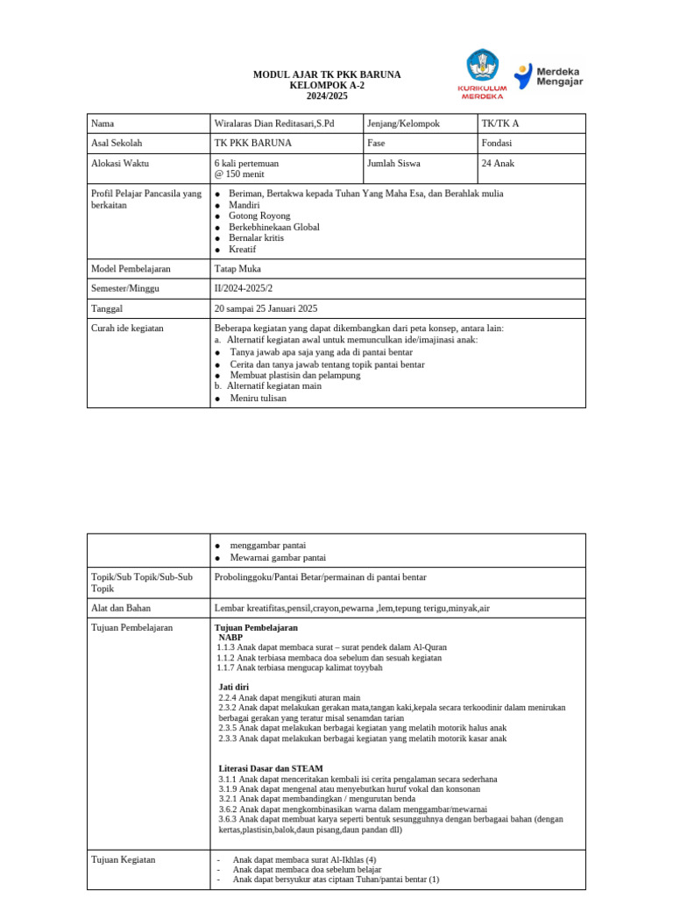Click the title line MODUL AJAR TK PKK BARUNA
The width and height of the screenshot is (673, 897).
pyautogui.click(x=327, y=75)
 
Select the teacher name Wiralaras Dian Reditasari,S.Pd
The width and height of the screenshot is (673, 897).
pyautogui.click(x=273, y=124)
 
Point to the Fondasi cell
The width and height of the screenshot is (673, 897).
pyautogui.click(x=497, y=143)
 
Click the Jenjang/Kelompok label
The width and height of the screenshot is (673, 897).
pyautogui.click(x=403, y=124)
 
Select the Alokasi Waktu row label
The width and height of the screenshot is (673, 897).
pyautogui.click(x=119, y=163)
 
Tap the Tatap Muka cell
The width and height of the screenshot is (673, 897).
pyautogui.click(x=237, y=269)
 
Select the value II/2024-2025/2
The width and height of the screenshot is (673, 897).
pyautogui.click(x=255, y=288)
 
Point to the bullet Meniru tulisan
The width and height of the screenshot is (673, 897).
pyautogui.click(x=258, y=398)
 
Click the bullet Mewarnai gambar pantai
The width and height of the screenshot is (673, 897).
pyautogui.click(x=277, y=557)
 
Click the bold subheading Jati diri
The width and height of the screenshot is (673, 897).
pyautogui.click(x=233, y=687)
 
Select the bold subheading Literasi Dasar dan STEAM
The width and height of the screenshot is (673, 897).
pyautogui.click(x=271, y=768)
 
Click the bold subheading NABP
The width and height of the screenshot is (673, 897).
pyautogui.click(x=230, y=638)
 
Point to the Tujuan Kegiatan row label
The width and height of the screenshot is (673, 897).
pyautogui.click(x=123, y=859)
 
